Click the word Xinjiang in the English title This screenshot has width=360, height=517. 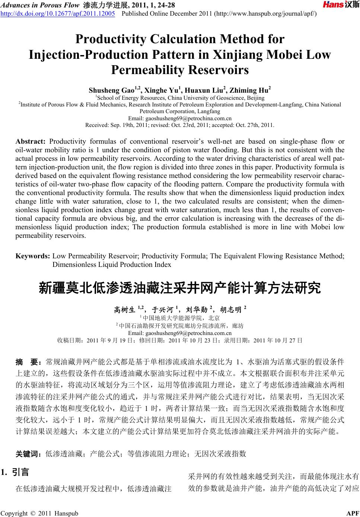click(x=238, y=55)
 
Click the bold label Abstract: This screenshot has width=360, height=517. click(x=30, y=141)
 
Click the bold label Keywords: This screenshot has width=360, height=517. click(x=33, y=256)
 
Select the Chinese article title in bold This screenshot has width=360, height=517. click(x=180, y=288)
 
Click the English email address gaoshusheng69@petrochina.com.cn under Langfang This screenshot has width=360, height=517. click(x=180, y=118)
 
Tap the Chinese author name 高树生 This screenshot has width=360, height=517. click(x=124, y=309)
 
